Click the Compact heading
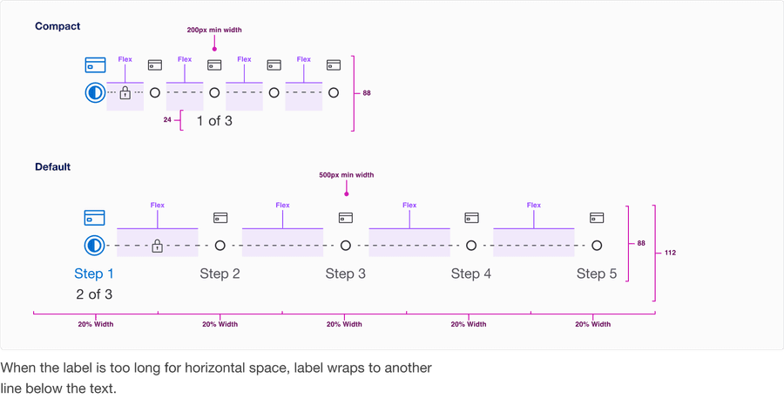pyautogui.click(x=57, y=26)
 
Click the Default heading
pyautogui.click(x=53, y=166)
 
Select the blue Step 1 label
pyautogui.click(x=94, y=274)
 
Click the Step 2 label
pyautogui.click(x=220, y=274)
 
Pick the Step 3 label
pyautogui.click(x=346, y=274)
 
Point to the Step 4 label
pyautogui.click(x=471, y=274)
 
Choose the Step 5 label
pyautogui.click(x=597, y=274)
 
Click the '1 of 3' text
pyautogui.click(x=214, y=120)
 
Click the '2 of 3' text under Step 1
pyautogui.click(x=94, y=294)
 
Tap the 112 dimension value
pyautogui.click(x=670, y=253)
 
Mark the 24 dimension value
pyautogui.click(x=167, y=120)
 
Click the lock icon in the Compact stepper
pyautogui.click(x=125, y=92)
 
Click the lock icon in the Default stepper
pyautogui.click(x=157, y=246)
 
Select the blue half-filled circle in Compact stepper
pyautogui.click(x=95, y=92)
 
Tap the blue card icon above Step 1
pyautogui.click(x=94, y=218)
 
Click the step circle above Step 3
pyautogui.click(x=346, y=246)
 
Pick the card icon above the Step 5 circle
pyautogui.click(x=597, y=217)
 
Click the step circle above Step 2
pyautogui.click(x=220, y=246)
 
